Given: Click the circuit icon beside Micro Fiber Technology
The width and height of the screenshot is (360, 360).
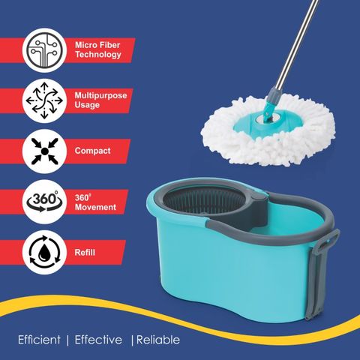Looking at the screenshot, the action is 44,50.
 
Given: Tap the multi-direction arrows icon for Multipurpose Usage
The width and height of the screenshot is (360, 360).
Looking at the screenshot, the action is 44,100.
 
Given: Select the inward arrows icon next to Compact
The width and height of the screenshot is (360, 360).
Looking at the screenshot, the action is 44,151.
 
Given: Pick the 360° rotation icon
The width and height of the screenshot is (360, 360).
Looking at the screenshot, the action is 44,201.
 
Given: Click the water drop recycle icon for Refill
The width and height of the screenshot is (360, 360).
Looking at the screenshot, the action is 44,252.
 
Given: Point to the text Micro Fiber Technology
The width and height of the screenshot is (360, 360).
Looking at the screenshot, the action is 98,49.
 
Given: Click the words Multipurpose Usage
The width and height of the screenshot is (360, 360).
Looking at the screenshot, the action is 100,100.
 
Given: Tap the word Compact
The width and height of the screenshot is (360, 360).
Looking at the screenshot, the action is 92,151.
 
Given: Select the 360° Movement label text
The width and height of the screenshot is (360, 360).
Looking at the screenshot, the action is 95,202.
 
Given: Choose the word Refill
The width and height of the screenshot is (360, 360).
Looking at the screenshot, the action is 85,252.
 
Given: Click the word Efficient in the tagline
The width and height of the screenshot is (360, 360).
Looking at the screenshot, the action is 39,340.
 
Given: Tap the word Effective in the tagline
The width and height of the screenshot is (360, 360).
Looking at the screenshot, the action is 98,340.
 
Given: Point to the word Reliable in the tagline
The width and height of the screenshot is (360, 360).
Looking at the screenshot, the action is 158,340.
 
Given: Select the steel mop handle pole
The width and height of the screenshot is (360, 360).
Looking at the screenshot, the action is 297,44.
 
